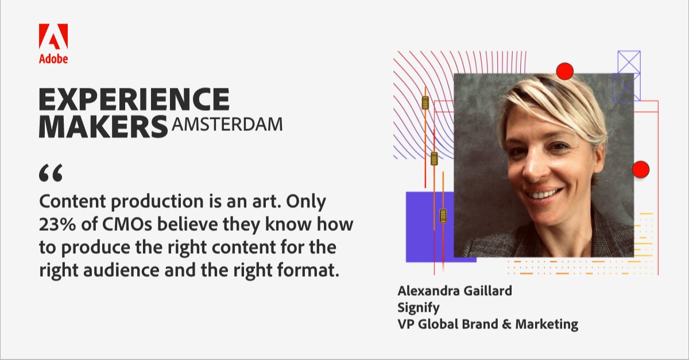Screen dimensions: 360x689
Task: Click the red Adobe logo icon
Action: [x=53, y=36]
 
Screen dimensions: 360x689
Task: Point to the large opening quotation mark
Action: [x=50, y=173]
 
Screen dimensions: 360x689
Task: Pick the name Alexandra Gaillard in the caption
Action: [x=455, y=291]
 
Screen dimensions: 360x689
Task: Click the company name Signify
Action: [x=419, y=307]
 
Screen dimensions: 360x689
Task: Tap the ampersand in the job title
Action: [x=503, y=324]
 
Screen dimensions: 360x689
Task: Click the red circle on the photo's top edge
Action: [x=565, y=71]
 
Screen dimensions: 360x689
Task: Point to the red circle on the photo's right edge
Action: [x=640, y=169]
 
